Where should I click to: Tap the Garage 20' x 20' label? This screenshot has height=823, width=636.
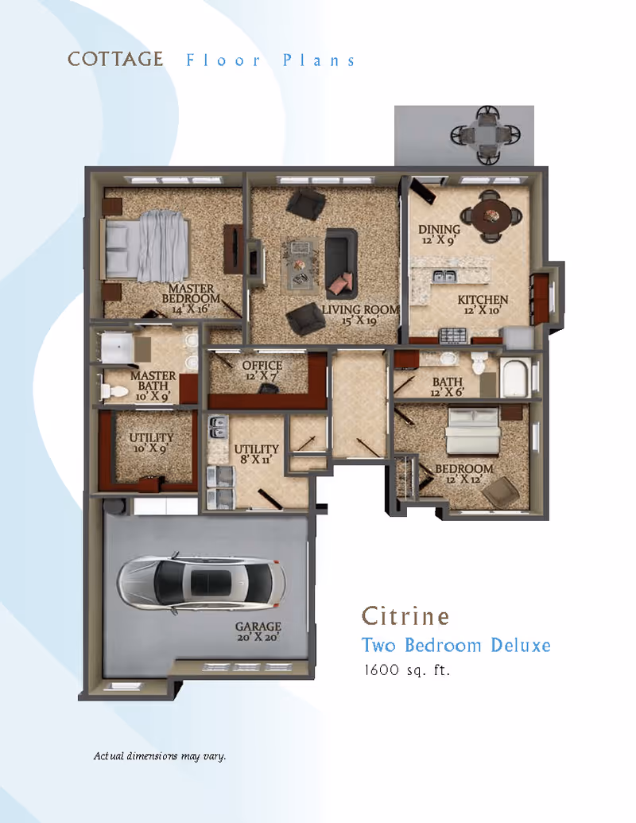pyautogui.click(x=258, y=632)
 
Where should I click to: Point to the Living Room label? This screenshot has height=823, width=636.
pyautogui.click(x=349, y=314)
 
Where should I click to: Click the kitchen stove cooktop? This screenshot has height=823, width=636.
pyautogui.click(x=453, y=334)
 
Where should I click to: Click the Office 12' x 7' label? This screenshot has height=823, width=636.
pyautogui.click(x=262, y=371)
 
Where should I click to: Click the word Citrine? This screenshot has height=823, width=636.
pyautogui.click(x=405, y=615)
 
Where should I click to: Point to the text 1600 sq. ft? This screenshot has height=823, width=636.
pyautogui.click(x=406, y=670)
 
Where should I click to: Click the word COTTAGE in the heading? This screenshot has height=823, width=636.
pyautogui.click(x=115, y=60)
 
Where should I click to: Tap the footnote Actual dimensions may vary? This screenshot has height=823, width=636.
pyautogui.click(x=160, y=755)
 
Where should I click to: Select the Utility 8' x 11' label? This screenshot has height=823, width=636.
pyautogui.click(x=256, y=454)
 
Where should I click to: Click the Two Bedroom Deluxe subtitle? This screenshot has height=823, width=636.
pyautogui.click(x=456, y=644)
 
